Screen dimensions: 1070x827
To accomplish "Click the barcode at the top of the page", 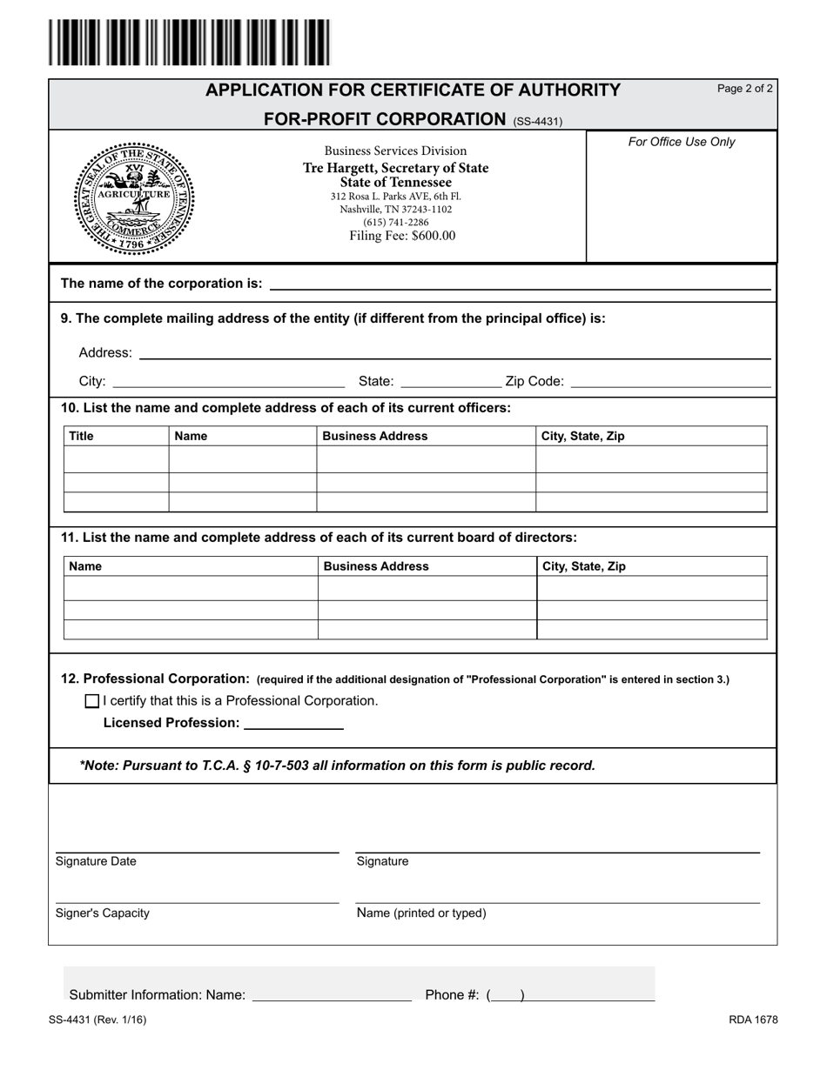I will pos(189,43).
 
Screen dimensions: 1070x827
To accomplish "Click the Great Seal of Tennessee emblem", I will pos(133,197).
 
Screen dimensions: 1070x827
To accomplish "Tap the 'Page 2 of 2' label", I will pos(744,89).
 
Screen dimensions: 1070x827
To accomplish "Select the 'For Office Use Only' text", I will pos(682,142).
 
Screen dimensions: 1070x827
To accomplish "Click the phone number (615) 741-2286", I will pos(395,222).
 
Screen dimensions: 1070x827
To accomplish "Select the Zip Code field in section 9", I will pos(670,381).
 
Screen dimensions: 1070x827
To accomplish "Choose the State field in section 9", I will pos(450,381).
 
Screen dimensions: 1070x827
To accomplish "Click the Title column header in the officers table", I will pos(81,436).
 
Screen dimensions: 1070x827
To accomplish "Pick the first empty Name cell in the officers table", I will pos(242,459).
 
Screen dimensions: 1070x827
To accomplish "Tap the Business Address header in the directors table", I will pos(376,566).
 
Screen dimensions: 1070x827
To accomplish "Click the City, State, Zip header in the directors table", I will pos(584,566).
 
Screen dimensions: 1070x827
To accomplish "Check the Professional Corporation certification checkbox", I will pos(92,701).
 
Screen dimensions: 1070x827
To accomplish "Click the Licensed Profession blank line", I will pos(294,723).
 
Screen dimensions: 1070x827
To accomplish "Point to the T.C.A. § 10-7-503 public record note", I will pos(337,766).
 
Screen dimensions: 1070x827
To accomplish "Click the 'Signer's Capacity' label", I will pos(102,913).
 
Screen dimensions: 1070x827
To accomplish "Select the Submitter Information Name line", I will pos(331,995).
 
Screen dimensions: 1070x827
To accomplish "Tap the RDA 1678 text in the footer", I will pos(753,1020).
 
